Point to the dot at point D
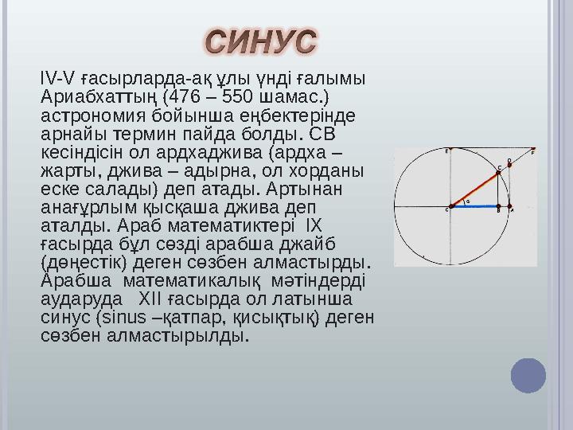click(509, 166)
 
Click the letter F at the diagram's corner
click(532, 150)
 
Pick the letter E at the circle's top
click(447, 150)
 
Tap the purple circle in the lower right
click(528, 376)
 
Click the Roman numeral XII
click(150, 299)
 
